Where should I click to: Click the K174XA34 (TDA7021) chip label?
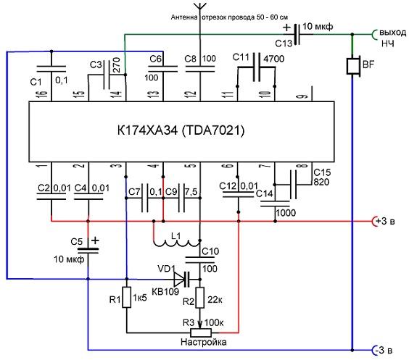[x=181, y=130]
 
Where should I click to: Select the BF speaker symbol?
[x=353, y=66]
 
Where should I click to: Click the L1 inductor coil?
[x=176, y=242]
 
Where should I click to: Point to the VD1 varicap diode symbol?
[x=182, y=280]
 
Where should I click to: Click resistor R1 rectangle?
[x=126, y=298]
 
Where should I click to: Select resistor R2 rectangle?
[x=200, y=298]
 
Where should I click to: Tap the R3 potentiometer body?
[x=201, y=332]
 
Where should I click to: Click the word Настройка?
[x=204, y=342]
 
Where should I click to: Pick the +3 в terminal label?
[x=386, y=222]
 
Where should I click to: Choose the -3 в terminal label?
[x=383, y=351]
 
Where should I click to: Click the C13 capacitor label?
[x=284, y=43]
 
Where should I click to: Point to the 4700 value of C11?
[x=274, y=59]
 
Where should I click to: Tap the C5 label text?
[x=76, y=242]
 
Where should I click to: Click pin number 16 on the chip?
[x=44, y=93]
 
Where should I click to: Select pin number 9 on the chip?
[x=303, y=96]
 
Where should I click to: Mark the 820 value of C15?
[x=321, y=182]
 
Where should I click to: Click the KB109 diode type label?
[x=165, y=291]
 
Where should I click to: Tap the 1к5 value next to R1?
[x=140, y=298]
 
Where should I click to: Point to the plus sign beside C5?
[x=95, y=240]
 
